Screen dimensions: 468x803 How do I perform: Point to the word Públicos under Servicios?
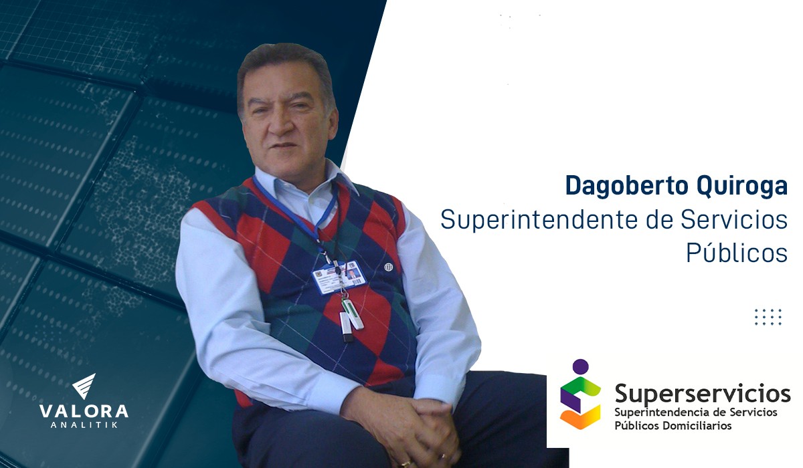pos(737,253)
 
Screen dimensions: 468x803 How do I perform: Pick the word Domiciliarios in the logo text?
pos(697,425)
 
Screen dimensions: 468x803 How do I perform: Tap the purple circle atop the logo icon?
pos(580,366)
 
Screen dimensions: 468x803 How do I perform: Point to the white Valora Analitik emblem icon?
pos(84,386)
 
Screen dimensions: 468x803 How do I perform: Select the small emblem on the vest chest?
pos(389,267)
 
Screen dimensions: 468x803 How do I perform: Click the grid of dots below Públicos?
pos(768,317)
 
